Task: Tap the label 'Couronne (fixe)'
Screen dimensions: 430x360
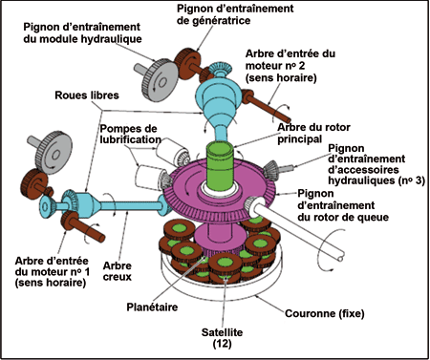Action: pos(325,313)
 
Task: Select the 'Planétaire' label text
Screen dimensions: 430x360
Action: pos(152,307)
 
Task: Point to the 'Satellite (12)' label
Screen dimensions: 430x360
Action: pos(222,338)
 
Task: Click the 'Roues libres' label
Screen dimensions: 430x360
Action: pos(87,95)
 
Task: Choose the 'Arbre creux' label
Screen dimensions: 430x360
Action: pos(118,271)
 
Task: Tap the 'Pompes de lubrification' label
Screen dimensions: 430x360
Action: pos(130,134)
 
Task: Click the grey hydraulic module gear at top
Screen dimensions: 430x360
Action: pos(160,80)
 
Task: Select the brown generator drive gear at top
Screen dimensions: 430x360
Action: pos(188,64)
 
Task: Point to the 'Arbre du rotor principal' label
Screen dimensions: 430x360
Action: pos(313,133)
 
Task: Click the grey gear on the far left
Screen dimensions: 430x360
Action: pos(54,153)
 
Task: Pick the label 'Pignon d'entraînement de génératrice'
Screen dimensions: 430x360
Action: pos(235,14)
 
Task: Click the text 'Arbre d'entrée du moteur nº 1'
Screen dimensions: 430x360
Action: pos(53,266)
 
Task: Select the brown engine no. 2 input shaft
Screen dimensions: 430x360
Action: pos(268,105)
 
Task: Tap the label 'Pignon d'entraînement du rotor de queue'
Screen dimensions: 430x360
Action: pos(343,205)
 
